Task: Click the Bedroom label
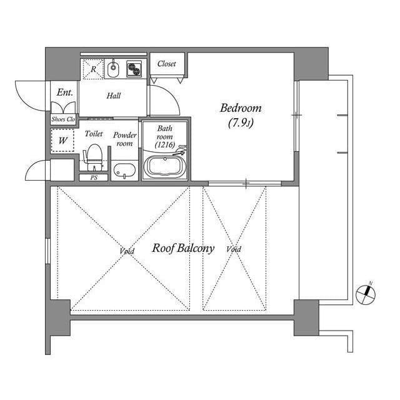coord(241,107)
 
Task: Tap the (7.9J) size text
coord(241,123)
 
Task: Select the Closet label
coord(166,64)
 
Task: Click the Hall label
coord(113,96)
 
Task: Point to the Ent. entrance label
coord(64,92)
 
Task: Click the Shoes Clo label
coord(63,119)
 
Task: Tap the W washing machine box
coord(63,141)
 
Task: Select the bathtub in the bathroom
coord(165,167)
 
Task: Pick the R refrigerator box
coord(93,69)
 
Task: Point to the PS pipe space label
coord(94,177)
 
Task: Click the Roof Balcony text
coord(183,248)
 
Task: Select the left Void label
coord(127,251)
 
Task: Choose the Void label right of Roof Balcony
coord(234,249)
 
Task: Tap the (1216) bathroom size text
coord(164,145)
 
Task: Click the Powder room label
coord(124,139)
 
